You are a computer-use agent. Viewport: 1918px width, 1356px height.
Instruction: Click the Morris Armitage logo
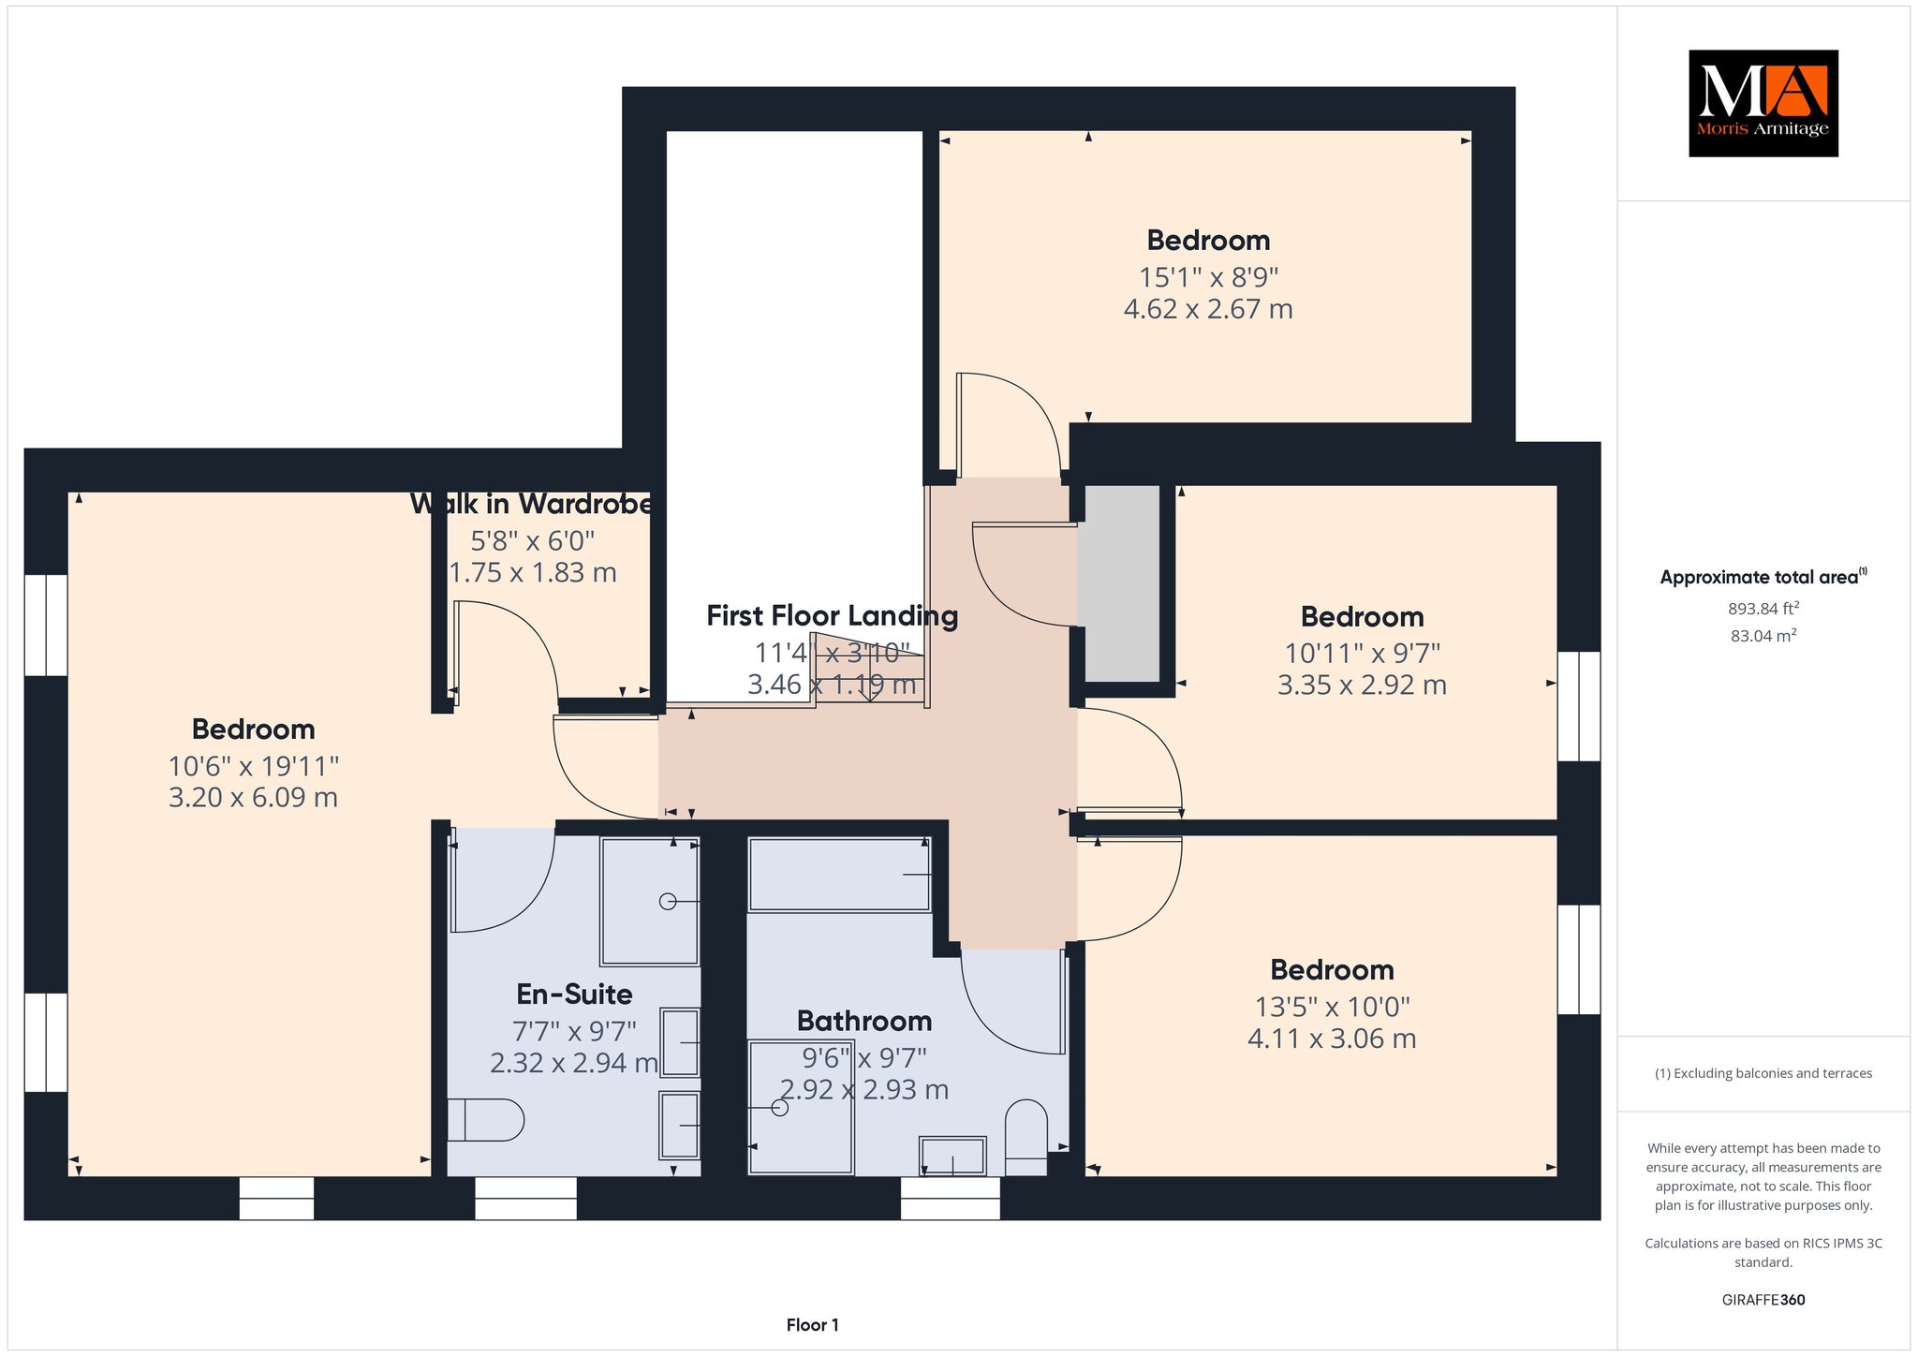click(1763, 103)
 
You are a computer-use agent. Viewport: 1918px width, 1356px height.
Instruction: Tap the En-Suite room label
click(574, 994)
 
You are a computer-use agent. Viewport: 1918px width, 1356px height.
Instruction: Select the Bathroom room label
click(864, 1021)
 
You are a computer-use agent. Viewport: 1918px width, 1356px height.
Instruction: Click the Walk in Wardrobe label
click(531, 504)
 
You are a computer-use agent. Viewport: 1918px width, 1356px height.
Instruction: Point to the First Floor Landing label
click(832, 616)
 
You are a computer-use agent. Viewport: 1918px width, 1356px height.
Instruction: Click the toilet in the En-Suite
click(484, 1120)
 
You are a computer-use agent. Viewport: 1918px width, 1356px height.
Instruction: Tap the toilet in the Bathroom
click(1025, 1137)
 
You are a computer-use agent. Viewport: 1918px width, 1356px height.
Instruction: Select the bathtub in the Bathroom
click(839, 875)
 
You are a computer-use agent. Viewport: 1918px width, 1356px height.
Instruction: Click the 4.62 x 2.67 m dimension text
click(1208, 309)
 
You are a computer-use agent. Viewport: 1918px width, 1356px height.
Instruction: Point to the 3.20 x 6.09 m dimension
click(253, 798)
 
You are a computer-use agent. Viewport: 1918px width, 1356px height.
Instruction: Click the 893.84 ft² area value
click(1763, 609)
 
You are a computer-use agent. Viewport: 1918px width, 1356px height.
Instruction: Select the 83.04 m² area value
click(1763, 636)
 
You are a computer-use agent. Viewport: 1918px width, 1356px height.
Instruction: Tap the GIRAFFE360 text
click(1763, 1300)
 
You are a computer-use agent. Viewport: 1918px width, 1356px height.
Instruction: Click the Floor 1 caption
click(813, 1325)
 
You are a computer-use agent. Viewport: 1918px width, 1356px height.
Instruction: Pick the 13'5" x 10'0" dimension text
click(1332, 1008)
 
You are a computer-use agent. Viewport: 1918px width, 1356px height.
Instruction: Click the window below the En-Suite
click(525, 1198)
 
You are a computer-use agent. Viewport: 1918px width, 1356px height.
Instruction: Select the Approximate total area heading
click(1763, 577)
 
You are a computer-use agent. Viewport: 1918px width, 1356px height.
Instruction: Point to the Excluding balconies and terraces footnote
click(1763, 1073)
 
